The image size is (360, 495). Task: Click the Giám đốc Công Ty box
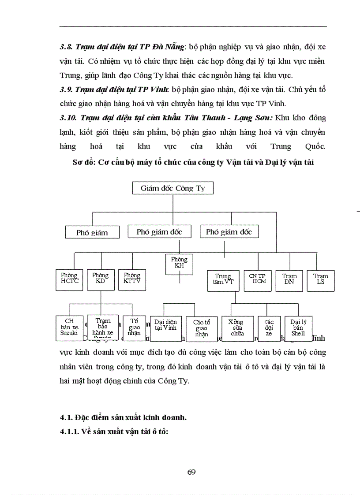pos(173,188)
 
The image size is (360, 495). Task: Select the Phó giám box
pos(92,232)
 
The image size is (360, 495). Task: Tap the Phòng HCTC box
pos(69,279)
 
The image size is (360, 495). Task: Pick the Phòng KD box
pos(101,279)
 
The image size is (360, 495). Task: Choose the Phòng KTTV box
pos(132,279)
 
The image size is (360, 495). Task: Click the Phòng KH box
pos(179,264)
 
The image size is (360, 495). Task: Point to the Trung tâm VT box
pos(223,280)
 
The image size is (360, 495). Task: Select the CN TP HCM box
pos(257,279)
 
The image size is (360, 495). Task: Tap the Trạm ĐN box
pos(289,280)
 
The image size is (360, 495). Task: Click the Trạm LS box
pos(321,279)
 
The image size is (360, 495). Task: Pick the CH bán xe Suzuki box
pos(69,328)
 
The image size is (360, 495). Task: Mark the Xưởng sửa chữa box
pos(237,328)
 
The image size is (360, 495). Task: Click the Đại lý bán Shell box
pos(298,328)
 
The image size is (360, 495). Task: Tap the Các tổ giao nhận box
pos(201,329)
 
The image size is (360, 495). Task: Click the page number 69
pos(191,472)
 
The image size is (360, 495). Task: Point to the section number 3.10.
pos(67,118)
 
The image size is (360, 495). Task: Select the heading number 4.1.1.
pos(71,432)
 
